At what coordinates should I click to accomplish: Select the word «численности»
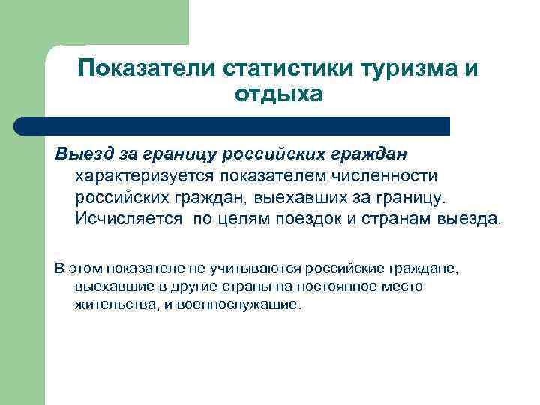click(394, 175)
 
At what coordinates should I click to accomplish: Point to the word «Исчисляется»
click(128, 218)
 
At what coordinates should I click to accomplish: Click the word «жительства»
click(111, 305)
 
